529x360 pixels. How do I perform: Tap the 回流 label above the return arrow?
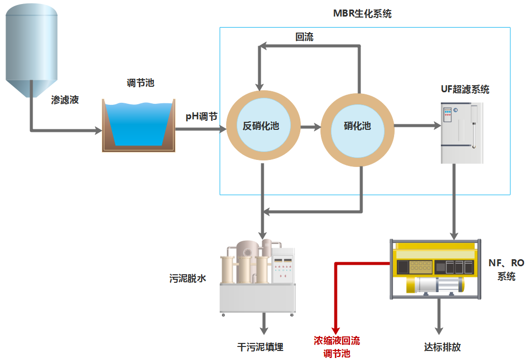point(304,37)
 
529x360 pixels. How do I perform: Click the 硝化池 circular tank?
point(357,126)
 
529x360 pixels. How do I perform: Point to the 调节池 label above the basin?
point(140,83)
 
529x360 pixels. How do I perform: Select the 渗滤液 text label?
point(65,100)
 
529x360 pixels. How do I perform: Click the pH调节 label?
point(202,116)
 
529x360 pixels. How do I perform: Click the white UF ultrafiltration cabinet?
point(462,133)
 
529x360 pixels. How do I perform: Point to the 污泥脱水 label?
point(188,278)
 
